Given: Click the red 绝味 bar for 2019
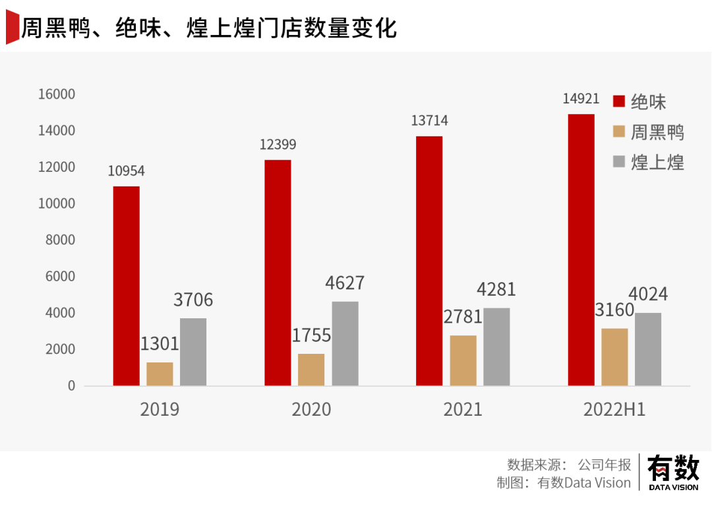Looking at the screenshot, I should pyautogui.click(x=126, y=286).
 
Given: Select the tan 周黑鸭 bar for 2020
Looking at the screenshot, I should pyautogui.click(x=311, y=370).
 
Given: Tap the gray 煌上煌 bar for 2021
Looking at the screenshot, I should pyautogui.click(x=496, y=347).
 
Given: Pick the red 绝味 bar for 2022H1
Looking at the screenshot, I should pyautogui.click(x=581, y=250).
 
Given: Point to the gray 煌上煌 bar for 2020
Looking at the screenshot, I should pyautogui.click(x=345, y=343).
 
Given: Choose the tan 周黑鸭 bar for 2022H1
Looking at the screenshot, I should pyautogui.click(x=615, y=356).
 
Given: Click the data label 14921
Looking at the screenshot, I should pyautogui.click(x=581, y=99).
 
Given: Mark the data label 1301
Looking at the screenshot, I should pyautogui.click(x=159, y=343).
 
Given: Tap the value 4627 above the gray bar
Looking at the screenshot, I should pyautogui.click(x=345, y=283).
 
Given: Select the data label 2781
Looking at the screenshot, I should pyautogui.click(x=463, y=317).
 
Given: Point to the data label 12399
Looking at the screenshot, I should pyautogui.click(x=278, y=144).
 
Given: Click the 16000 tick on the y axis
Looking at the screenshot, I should pyautogui.click(x=57, y=95).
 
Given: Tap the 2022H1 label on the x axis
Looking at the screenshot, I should pyautogui.click(x=614, y=409).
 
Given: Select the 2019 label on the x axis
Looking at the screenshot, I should pyautogui.click(x=160, y=409).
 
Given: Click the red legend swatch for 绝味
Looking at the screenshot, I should pyautogui.click(x=619, y=101).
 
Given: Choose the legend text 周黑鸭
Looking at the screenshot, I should pyautogui.click(x=657, y=132).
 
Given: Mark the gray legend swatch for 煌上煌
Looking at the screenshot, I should pyautogui.click(x=619, y=161).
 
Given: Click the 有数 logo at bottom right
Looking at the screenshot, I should pyautogui.click(x=673, y=472).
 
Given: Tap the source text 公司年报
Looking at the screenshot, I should pyautogui.click(x=605, y=464).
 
